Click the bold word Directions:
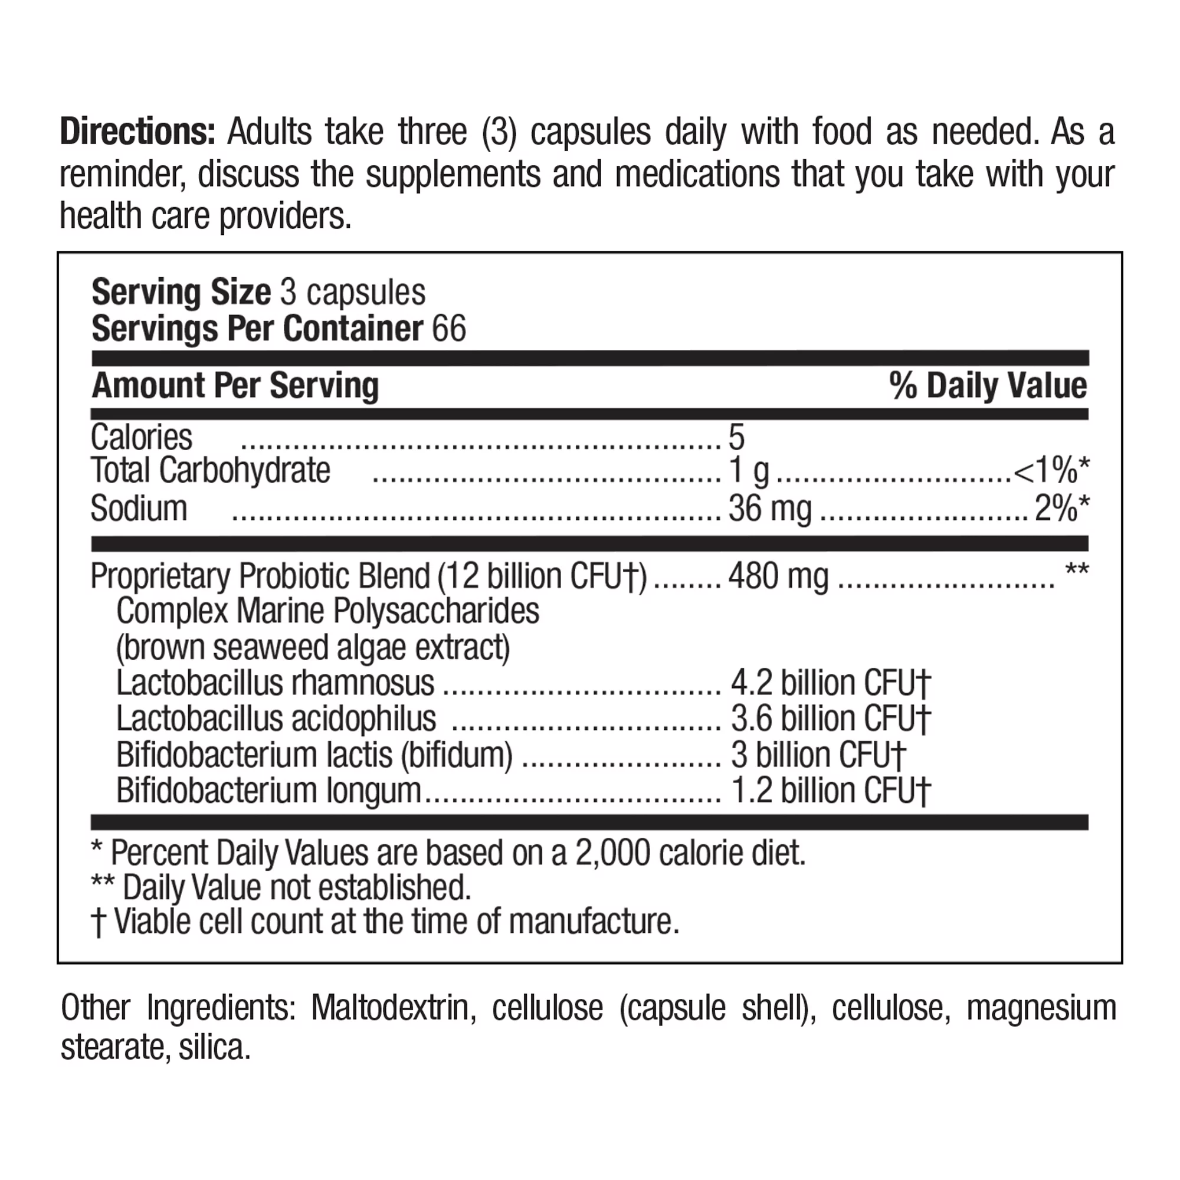click(137, 133)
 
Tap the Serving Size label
click(181, 293)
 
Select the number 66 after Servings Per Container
click(449, 329)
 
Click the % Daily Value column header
click(988, 386)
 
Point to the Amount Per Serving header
click(235, 386)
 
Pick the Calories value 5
click(736, 438)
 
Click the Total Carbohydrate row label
click(210, 471)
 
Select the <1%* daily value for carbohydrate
click(1051, 471)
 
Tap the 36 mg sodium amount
click(769, 509)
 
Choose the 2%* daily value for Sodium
click(1061, 509)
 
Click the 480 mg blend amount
click(778, 576)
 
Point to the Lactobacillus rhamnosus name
click(275, 683)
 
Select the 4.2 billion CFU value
click(831, 683)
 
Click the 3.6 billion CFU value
click(831, 719)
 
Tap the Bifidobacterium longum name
click(268, 791)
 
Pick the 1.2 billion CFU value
click(831, 791)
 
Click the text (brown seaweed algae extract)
click(313, 648)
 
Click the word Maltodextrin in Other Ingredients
click(394, 1008)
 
